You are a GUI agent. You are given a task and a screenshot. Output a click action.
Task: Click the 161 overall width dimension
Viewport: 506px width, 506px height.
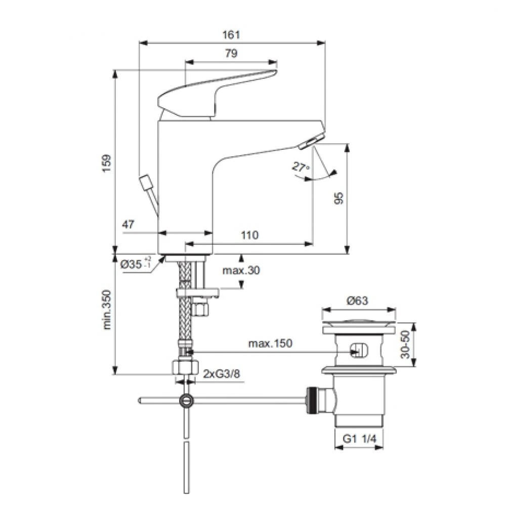point(231,34)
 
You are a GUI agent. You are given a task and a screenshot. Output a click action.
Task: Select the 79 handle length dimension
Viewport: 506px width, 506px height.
point(231,53)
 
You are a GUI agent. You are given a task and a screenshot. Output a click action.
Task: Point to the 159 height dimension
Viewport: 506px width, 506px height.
point(106,163)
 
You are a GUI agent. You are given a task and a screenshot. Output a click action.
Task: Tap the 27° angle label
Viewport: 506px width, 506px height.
point(301,167)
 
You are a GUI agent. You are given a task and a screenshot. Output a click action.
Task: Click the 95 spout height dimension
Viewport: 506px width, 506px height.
point(339,198)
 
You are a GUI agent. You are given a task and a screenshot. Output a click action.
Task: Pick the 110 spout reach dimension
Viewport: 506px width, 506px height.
point(250,235)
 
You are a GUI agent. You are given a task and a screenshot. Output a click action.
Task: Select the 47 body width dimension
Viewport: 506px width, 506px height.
point(128,224)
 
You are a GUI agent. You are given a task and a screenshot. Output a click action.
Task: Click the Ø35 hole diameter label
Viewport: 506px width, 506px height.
point(135,265)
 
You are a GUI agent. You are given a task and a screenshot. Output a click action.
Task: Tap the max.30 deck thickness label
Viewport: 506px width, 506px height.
point(241,270)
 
